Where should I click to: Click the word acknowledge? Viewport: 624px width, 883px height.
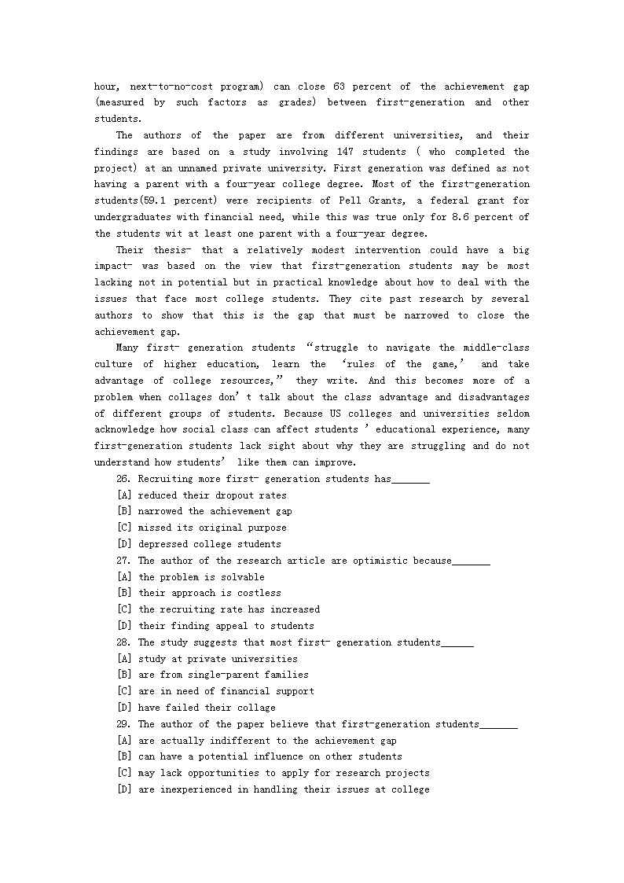click(125, 430)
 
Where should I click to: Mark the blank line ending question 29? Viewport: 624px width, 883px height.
click(498, 725)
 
